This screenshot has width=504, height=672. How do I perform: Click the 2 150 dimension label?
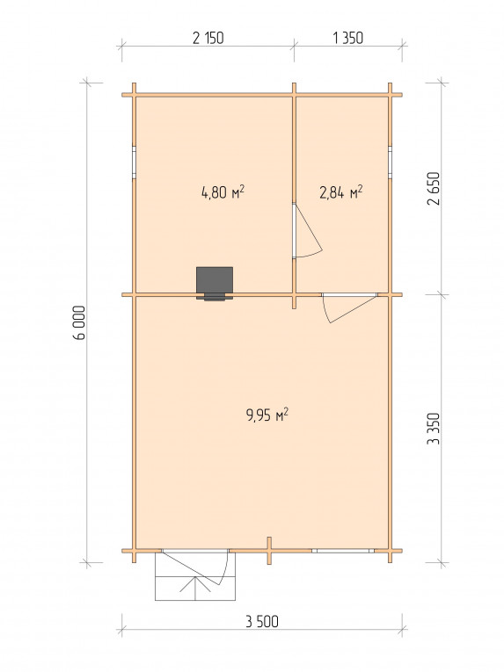(x=208, y=38)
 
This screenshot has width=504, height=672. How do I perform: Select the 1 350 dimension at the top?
(x=347, y=38)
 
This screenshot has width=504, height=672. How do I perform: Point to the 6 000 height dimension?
(x=79, y=322)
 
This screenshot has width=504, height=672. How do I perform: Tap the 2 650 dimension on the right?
(x=434, y=189)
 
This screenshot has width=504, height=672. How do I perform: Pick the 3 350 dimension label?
(x=434, y=428)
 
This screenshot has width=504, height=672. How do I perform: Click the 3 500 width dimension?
(x=262, y=621)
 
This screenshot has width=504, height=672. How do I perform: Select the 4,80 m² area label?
(x=223, y=192)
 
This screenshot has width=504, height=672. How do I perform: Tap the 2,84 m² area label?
(x=341, y=192)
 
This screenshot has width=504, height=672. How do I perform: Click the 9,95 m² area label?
(x=267, y=415)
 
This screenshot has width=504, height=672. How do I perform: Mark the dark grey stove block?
(x=215, y=283)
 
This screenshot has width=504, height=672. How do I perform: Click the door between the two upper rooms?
(x=306, y=230)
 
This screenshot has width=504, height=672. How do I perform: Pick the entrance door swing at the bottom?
(x=196, y=567)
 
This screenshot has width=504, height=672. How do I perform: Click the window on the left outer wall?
(x=134, y=162)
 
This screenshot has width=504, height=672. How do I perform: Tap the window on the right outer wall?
(x=391, y=162)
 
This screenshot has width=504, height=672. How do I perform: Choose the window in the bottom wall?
(x=342, y=551)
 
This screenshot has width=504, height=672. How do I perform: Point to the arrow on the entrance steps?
(x=195, y=588)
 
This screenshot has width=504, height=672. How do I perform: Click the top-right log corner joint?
(x=391, y=95)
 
